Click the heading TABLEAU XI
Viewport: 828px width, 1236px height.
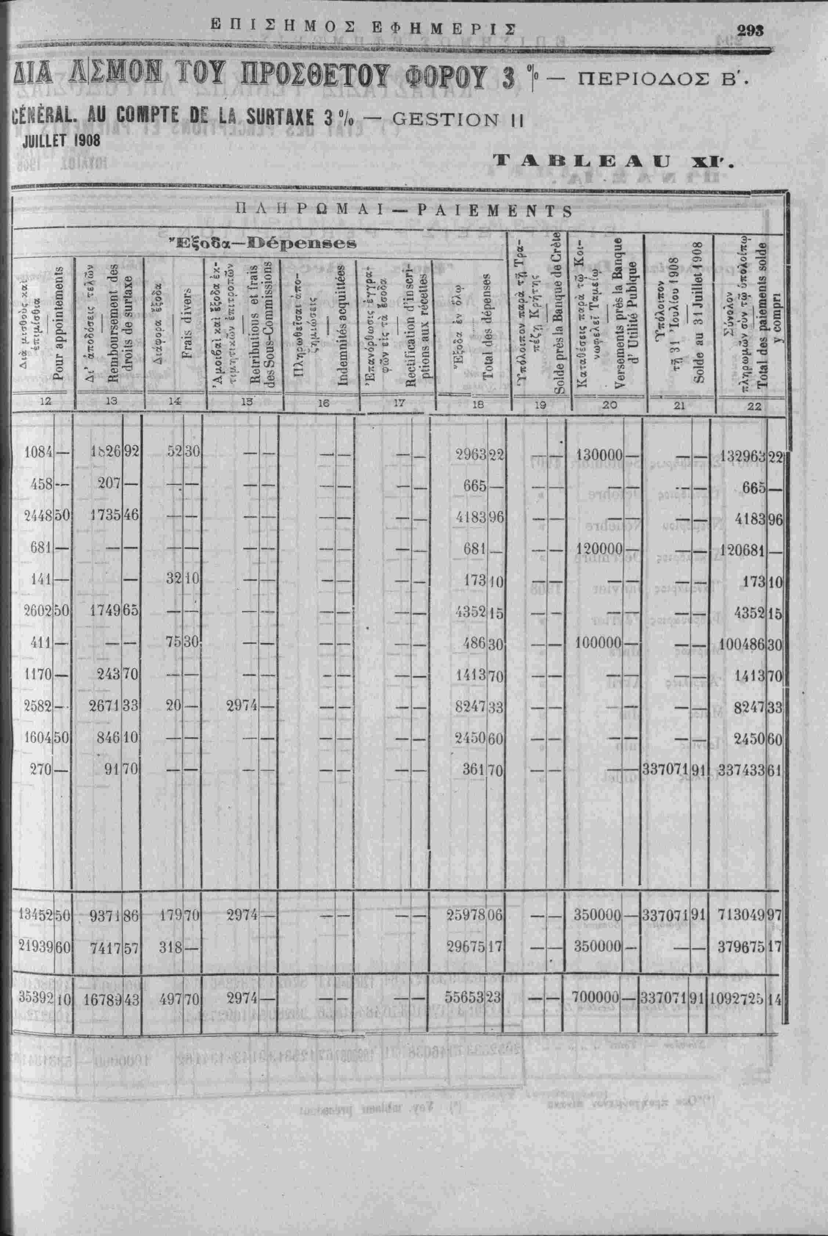click(612, 161)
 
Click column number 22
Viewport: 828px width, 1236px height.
click(755, 406)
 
